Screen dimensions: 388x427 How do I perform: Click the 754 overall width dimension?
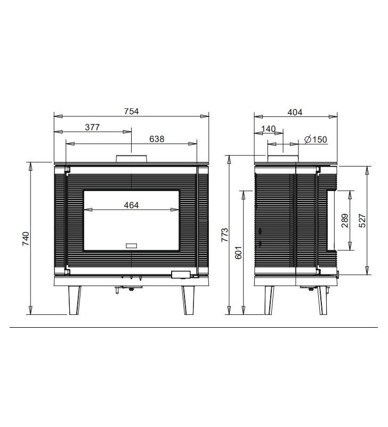(131, 112)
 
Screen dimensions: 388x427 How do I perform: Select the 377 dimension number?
(92, 127)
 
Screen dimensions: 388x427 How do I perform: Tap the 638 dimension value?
(157, 139)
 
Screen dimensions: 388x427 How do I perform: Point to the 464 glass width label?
(131, 205)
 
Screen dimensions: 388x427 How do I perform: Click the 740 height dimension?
(26, 239)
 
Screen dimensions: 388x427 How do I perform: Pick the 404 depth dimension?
(295, 112)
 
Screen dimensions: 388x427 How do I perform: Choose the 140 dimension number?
(269, 129)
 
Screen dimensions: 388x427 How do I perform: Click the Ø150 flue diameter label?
(316, 139)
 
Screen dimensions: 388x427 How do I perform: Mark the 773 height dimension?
(225, 235)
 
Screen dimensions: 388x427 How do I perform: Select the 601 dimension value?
(238, 252)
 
